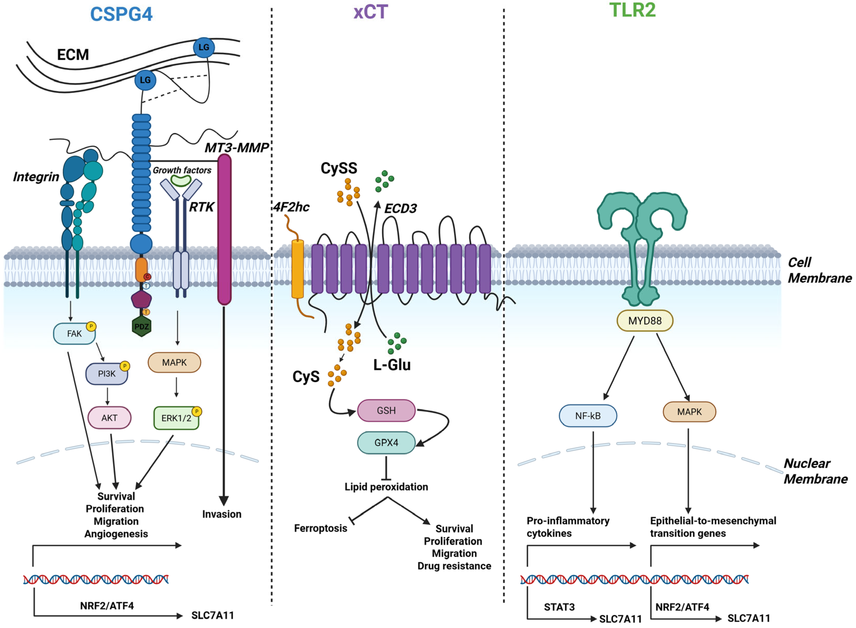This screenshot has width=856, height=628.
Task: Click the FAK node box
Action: point(74,333)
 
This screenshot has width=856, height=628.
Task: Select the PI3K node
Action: point(107,374)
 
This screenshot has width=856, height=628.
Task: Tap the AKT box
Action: point(109,418)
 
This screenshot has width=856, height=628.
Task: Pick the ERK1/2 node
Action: point(176,418)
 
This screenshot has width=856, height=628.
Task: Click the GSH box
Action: point(386,410)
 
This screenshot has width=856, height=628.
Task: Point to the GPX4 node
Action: point(386,443)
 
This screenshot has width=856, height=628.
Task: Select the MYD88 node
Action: point(645,321)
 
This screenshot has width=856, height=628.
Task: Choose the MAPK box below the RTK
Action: point(174,362)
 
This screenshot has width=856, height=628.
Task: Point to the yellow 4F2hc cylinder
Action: point(297,269)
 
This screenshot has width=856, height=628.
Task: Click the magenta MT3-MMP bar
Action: point(224,229)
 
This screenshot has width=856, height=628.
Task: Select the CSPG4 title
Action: point(121,14)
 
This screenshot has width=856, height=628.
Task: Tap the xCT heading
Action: point(370,12)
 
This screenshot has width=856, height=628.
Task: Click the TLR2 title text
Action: point(633,10)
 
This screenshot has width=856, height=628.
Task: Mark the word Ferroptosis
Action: point(321,528)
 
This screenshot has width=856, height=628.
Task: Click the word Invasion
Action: point(222,514)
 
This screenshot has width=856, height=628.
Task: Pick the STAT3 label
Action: point(559,607)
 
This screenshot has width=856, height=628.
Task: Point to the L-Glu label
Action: point(392,365)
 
